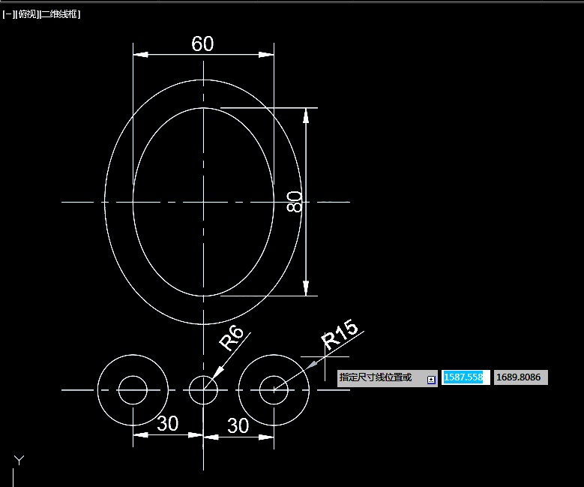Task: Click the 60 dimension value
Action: tap(202, 44)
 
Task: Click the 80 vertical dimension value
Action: tap(294, 202)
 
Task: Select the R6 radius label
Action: tap(231, 338)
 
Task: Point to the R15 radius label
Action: tap(340, 335)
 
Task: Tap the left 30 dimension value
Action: tap(168, 423)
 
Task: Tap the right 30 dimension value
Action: tap(238, 425)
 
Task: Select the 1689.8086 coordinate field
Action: tap(521, 377)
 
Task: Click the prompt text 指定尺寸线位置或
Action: tap(376, 377)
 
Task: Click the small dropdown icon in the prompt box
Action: tap(431, 380)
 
